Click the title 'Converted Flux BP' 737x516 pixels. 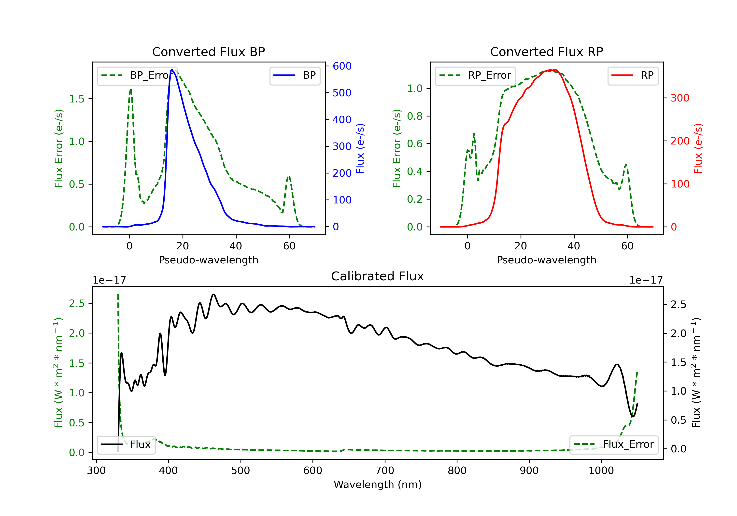tap(209, 52)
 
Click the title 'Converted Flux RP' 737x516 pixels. tap(547, 52)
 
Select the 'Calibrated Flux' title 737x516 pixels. tap(378, 276)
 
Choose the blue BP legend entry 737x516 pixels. tap(295, 75)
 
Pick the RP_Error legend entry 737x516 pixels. tap(475, 75)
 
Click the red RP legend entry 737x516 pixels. tap(633, 75)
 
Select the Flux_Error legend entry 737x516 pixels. tap(614, 444)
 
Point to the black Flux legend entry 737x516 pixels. tap(126, 444)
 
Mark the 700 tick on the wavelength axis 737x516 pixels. tap(385, 470)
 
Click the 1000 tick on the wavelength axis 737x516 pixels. tap(601, 470)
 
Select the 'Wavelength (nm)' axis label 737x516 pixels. tap(378, 485)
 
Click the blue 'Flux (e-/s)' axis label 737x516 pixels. tap(360, 148)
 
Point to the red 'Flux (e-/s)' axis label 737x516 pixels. tap(698, 148)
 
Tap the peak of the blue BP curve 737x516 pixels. tap(172, 70)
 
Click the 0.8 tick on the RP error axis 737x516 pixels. tap(415, 116)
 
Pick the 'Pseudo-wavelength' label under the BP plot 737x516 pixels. tap(209, 260)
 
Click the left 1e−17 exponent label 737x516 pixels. tap(110, 280)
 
